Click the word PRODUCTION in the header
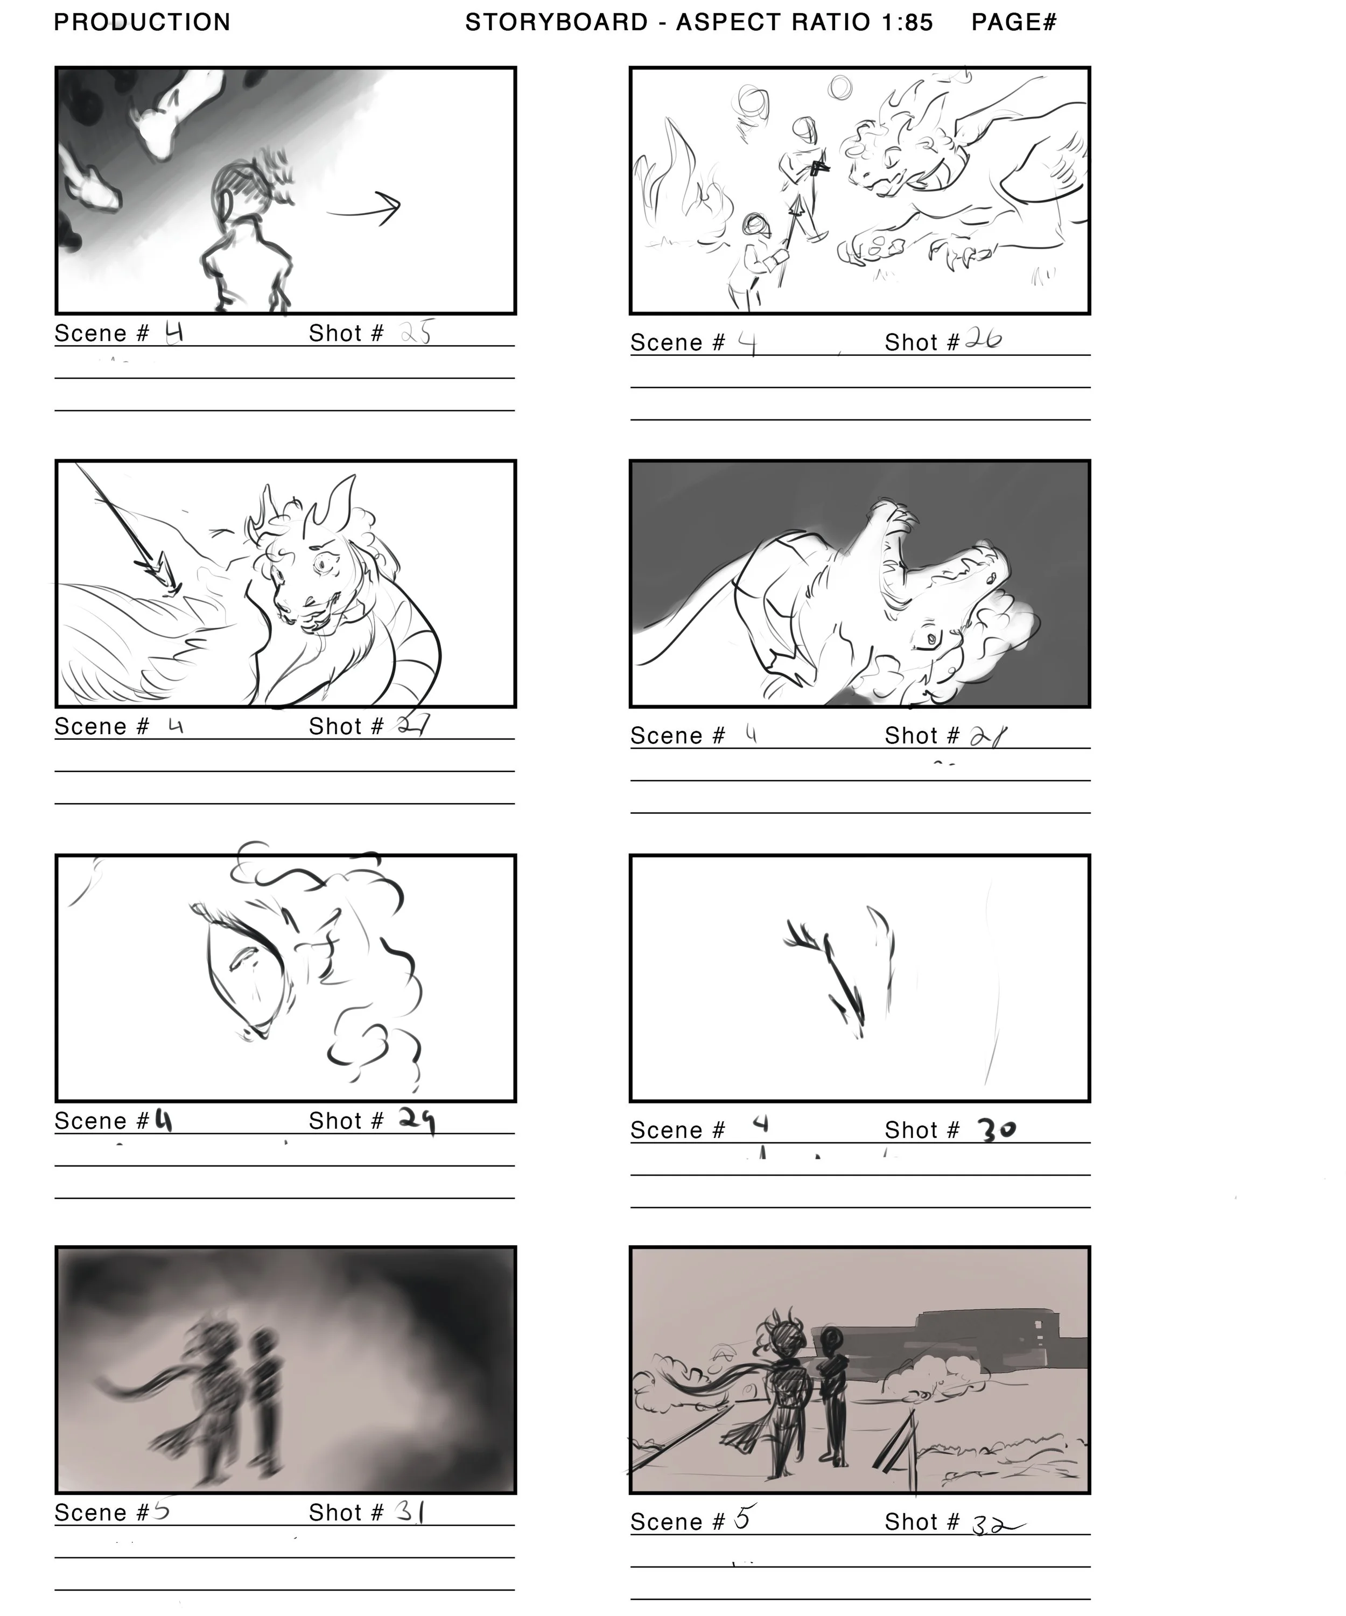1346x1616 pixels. click(x=142, y=22)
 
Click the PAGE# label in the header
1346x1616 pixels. click(x=1014, y=22)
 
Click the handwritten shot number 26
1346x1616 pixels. click(x=983, y=339)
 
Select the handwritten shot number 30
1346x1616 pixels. click(x=997, y=1130)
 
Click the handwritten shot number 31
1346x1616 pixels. click(x=410, y=1512)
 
